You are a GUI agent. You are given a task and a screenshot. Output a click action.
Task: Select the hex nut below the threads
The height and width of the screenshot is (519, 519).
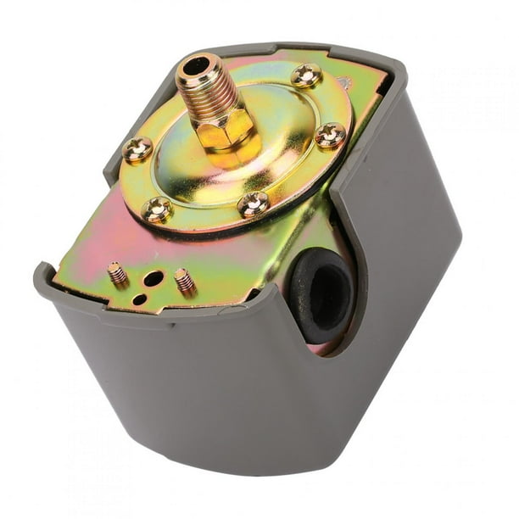point(224,131)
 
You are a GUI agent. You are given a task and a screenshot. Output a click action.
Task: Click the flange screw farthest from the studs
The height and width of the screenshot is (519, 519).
point(305,75)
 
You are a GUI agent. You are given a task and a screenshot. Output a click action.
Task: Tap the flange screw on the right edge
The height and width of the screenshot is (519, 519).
point(330,135)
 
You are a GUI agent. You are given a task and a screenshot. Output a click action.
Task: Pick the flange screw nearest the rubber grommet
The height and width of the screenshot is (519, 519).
point(253,204)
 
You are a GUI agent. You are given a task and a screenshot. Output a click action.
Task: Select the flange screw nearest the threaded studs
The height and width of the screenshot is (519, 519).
point(157,209)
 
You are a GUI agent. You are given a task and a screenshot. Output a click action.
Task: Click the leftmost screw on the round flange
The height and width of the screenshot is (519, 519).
point(137,150)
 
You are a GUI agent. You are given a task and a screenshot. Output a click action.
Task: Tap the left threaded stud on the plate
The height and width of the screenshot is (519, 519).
point(117,274)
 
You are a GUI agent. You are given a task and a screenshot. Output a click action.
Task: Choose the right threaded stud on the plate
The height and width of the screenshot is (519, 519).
point(184,281)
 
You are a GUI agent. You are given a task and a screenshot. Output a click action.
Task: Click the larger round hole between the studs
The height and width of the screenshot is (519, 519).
point(153,278)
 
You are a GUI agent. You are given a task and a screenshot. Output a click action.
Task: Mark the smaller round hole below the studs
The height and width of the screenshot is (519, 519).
point(139,299)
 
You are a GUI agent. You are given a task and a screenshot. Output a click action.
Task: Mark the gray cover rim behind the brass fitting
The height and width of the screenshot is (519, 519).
point(254,49)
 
